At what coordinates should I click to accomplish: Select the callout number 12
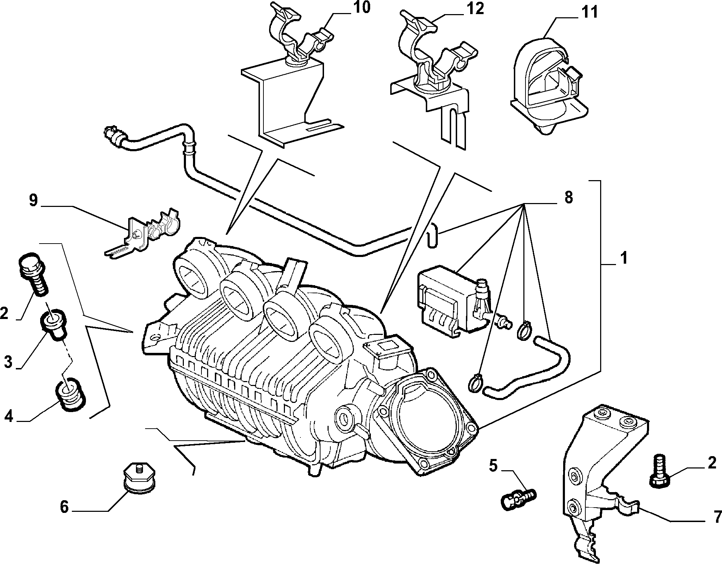pyautogui.click(x=475, y=8)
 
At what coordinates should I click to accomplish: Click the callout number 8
pyautogui.click(x=568, y=198)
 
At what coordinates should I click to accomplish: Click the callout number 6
pyautogui.click(x=64, y=507)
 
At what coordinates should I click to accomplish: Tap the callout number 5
pyautogui.click(x=493, y=466)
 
